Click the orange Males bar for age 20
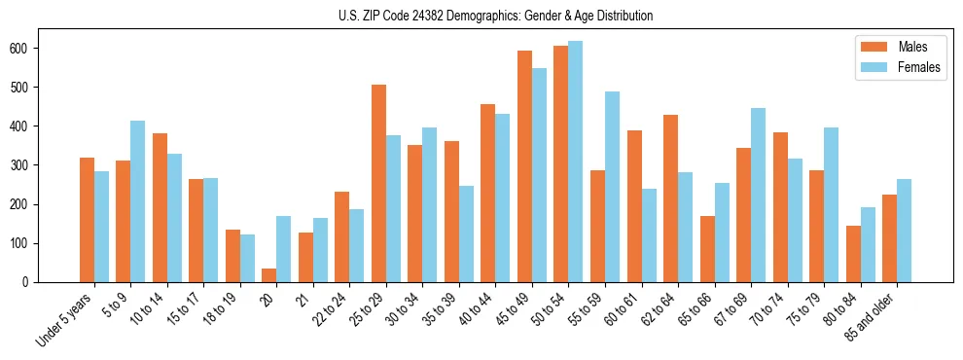coord(269,275)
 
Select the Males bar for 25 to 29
coord(378,183)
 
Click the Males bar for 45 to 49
coord(524,166)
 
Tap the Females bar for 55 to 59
coord(613,187)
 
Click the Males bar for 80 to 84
coord(853,254)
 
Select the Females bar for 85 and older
coord(905,231)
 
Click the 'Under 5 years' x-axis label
coord(65,317)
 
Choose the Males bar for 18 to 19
coord(232,256)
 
